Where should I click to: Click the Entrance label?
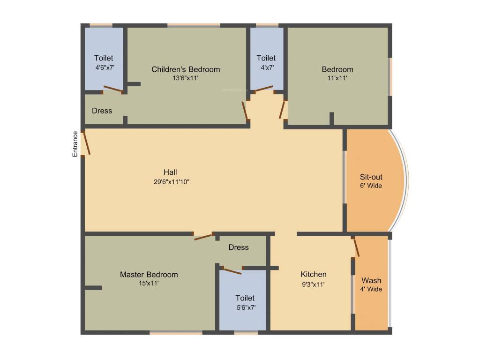tap(75, 143)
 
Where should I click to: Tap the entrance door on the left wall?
tap(85, 143)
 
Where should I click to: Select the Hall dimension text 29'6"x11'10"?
tap(172, 181)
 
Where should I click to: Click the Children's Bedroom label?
tap(186, 69)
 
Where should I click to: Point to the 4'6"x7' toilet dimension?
tap(105, 67)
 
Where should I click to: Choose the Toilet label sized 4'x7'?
tap(266, 58)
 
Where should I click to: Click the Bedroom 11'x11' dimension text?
tap(337, 78)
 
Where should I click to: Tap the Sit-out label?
tap(371, 177)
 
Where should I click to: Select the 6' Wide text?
tap(371, 186)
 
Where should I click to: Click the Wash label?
tap(371, 280)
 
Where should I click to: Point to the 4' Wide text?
tap(371, 289)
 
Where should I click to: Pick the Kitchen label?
tap(314, 274)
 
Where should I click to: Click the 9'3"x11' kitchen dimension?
tap(313, 284)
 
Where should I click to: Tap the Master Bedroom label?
tap(149, 274)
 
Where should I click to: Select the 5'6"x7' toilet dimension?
tap(246, 307)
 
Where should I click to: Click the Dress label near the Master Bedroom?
tap(239, 247)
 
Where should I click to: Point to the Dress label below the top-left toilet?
tap(102, 111)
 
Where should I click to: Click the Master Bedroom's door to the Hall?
tap(203, 236)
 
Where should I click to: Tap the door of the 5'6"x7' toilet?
tap(231, 270)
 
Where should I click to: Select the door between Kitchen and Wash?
tap(356, 247)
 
